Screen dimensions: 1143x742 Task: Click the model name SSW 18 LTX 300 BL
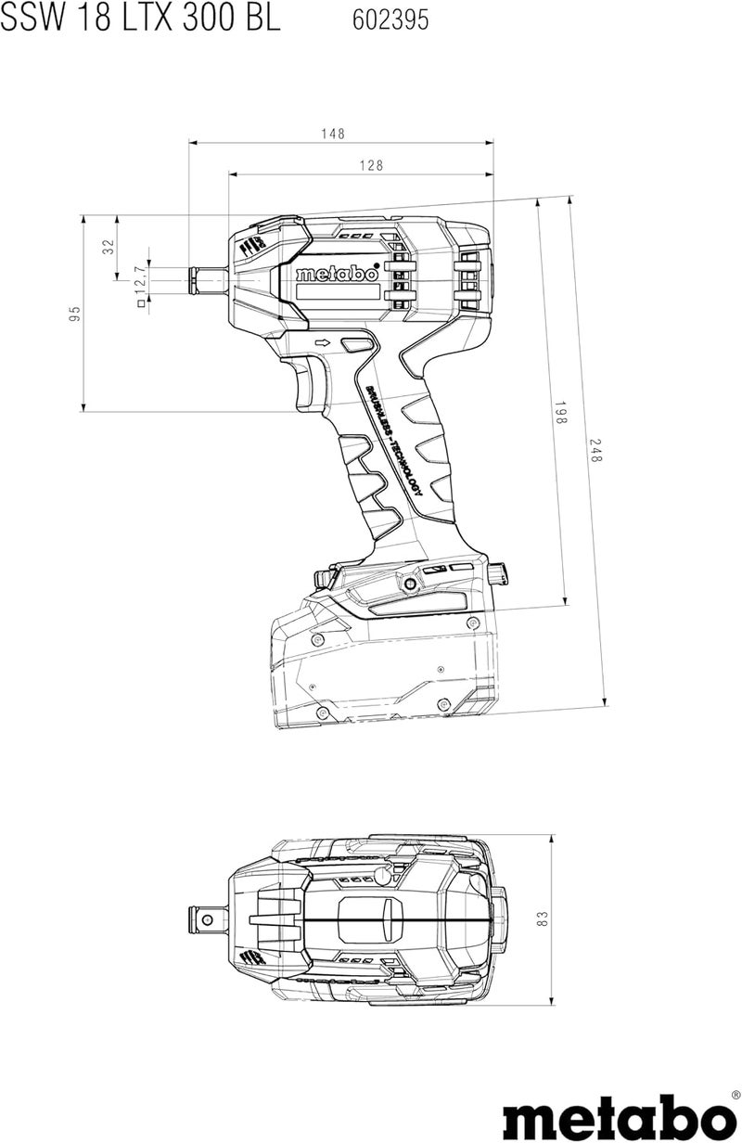pos(140,19)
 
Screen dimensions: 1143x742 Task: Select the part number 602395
pos(390,20)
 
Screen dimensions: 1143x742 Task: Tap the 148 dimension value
pos(334,134)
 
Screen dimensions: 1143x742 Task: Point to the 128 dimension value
pos(346,165)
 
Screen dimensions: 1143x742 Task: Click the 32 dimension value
pos(108,247)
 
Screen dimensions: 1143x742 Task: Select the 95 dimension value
pos(75,314)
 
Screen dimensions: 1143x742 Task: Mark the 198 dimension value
pos(560,414)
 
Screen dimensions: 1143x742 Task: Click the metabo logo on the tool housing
pos(337,275)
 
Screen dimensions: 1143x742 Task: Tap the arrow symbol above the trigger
pos(323,344)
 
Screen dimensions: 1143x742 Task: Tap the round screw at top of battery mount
pos(408,584)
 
